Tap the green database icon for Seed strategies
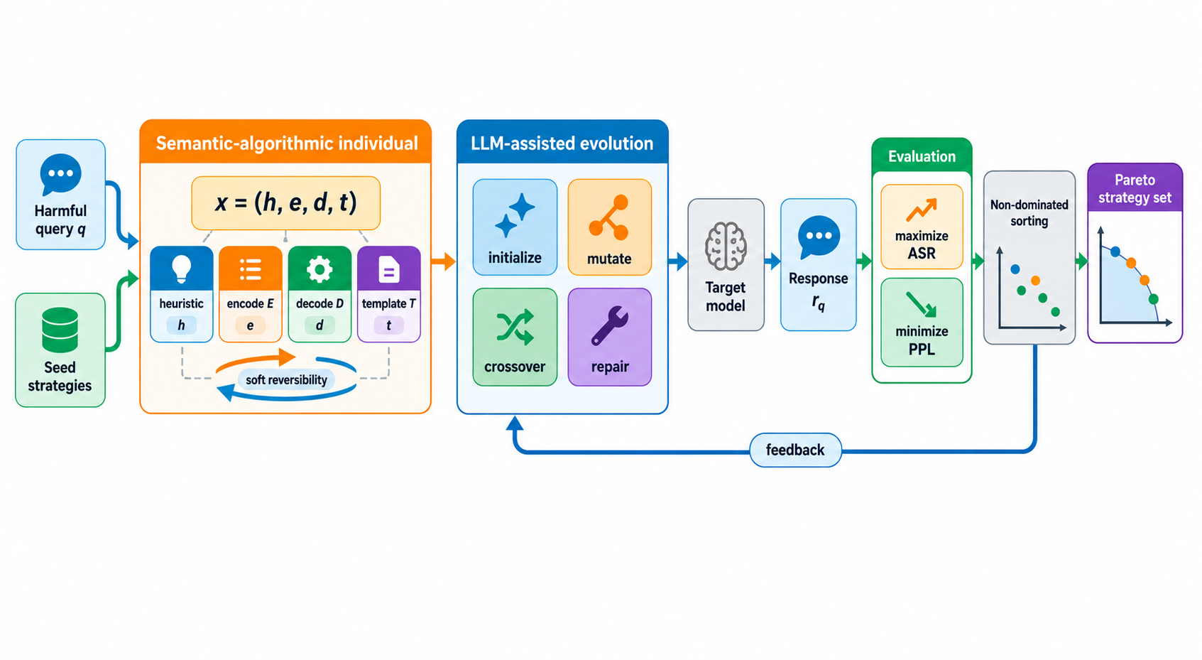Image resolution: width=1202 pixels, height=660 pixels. coord(60,330)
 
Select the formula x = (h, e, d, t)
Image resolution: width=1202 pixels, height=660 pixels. coord(285,203)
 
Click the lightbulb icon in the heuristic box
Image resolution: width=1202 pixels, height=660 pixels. coord(181,269)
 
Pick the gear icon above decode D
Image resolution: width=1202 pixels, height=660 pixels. coord(319,269)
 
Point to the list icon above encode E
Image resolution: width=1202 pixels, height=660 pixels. coord(250,269)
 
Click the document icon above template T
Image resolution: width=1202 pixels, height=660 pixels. coord(389,269)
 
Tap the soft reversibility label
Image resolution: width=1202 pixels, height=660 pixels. coord(286,380)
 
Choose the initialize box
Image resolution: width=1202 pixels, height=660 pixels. coord(515,227)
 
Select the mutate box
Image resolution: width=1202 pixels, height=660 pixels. coord(610,227)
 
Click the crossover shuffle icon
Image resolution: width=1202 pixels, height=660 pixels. coord(515,327)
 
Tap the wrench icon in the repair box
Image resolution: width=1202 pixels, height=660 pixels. coord(610,325)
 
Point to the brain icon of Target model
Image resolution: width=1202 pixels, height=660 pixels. coord(726,246)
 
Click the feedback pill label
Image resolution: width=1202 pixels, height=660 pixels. coord(795,450)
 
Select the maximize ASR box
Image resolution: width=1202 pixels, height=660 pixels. coord(922,227)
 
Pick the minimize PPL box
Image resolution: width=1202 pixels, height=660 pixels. coord(922,323)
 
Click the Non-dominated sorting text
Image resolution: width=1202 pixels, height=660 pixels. coord(1029,212)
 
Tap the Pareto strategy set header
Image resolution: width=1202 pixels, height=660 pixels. coord(1135,188)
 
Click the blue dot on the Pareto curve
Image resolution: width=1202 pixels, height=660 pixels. coord(1115,251)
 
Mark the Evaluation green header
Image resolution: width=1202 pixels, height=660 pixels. coord(922,156)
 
